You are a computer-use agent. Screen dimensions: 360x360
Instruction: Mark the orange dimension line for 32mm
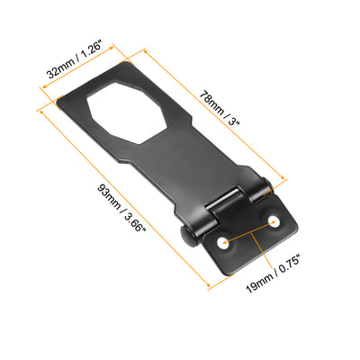85,65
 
